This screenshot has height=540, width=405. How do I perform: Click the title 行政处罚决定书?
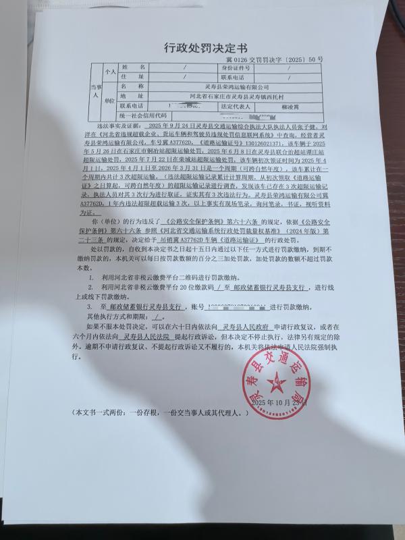pos(206,48)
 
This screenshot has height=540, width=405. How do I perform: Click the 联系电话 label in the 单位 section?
pos(133,106)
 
